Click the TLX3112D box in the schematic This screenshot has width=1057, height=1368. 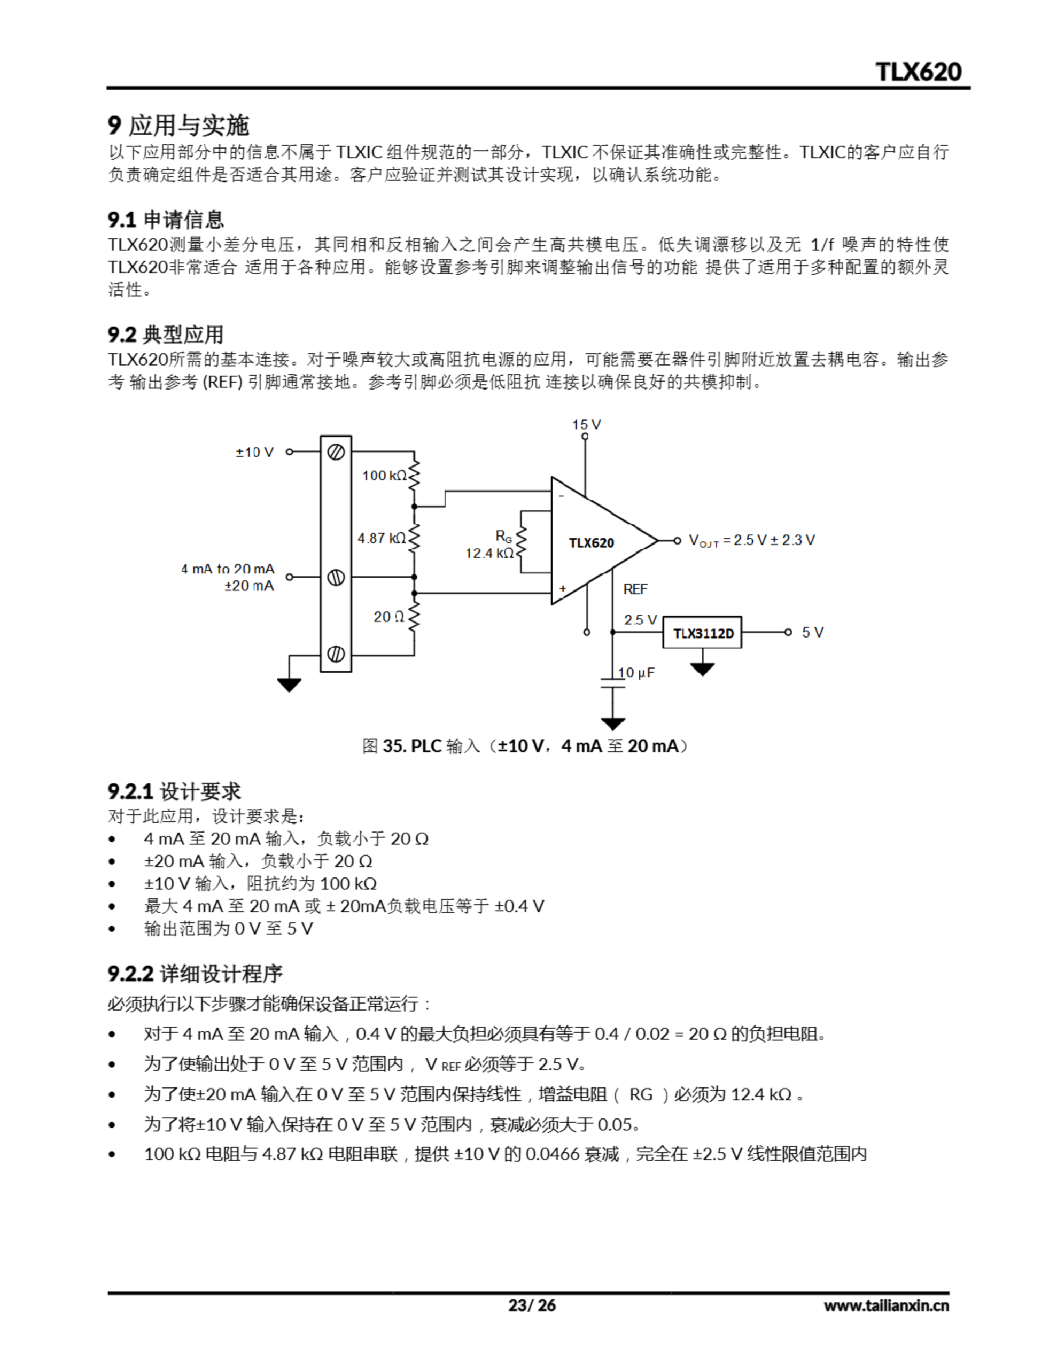(702, 633)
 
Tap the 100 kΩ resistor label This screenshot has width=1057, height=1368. (384, 476)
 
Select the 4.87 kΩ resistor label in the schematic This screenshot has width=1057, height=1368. (381, 538)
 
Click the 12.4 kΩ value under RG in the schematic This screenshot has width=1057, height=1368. (489, 553)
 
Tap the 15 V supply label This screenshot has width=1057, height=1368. (586, 425)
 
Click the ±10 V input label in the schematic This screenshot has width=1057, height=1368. (254, 452)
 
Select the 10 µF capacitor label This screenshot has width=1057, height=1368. (636, 673)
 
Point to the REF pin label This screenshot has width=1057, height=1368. (635, 589)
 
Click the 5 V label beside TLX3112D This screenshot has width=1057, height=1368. (812, 633)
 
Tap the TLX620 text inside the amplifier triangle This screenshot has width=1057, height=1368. (591, 543)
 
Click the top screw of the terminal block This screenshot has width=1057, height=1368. (336, 452)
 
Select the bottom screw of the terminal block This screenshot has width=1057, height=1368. (336, 655)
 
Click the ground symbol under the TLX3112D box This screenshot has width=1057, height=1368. (702, 669)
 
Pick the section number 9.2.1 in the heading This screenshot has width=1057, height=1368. (130, 792)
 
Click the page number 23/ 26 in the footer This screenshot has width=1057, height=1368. (531, 1305)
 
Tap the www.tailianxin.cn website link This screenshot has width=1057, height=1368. (886, 1306)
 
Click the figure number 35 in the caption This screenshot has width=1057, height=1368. (394, 746)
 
